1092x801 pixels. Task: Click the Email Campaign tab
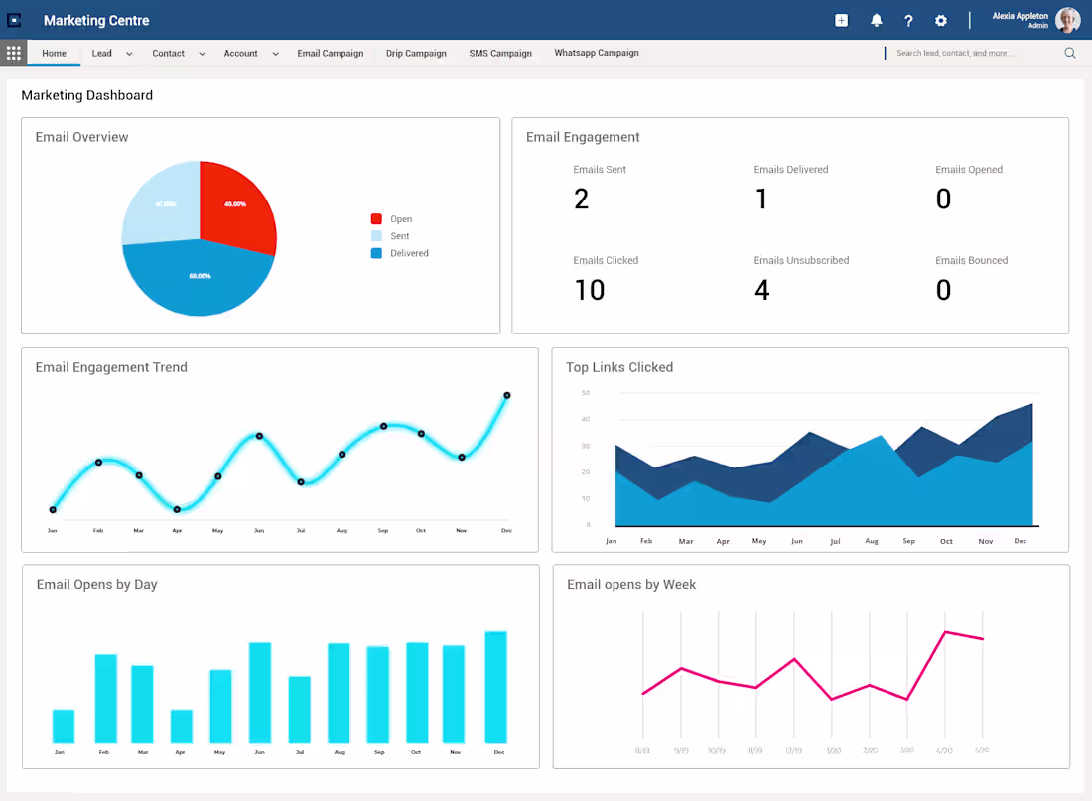[x=330, y=54]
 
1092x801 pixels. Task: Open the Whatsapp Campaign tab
[x=596, y=54]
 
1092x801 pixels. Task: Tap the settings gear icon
[x=940, y=21]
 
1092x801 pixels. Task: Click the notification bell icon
[x=876, y=21]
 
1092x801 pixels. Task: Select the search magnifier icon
[x=1070, y=54]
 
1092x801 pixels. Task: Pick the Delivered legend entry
[x=408, y=254]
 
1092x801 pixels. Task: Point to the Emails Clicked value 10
[x=590, y=290]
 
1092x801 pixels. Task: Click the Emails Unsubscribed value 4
[x=761, y=290]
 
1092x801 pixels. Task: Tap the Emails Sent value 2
[x=582, y=200]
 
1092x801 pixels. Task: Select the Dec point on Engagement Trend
[x=507, y=395]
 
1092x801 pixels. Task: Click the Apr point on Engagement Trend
[x=177, y=509]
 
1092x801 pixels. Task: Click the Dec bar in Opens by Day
[x=495, y=687]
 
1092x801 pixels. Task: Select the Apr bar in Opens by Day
[x=181, y=726]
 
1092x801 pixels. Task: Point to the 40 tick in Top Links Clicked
[x=586, y=419]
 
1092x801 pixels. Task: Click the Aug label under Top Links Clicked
[x=872, y=541]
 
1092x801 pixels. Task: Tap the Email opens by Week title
[x=631, y=585]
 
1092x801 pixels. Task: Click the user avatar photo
[x=1067, y=20]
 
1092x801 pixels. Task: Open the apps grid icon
[x=14, y=54]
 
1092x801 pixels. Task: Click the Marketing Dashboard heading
[x=87, y=96]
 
